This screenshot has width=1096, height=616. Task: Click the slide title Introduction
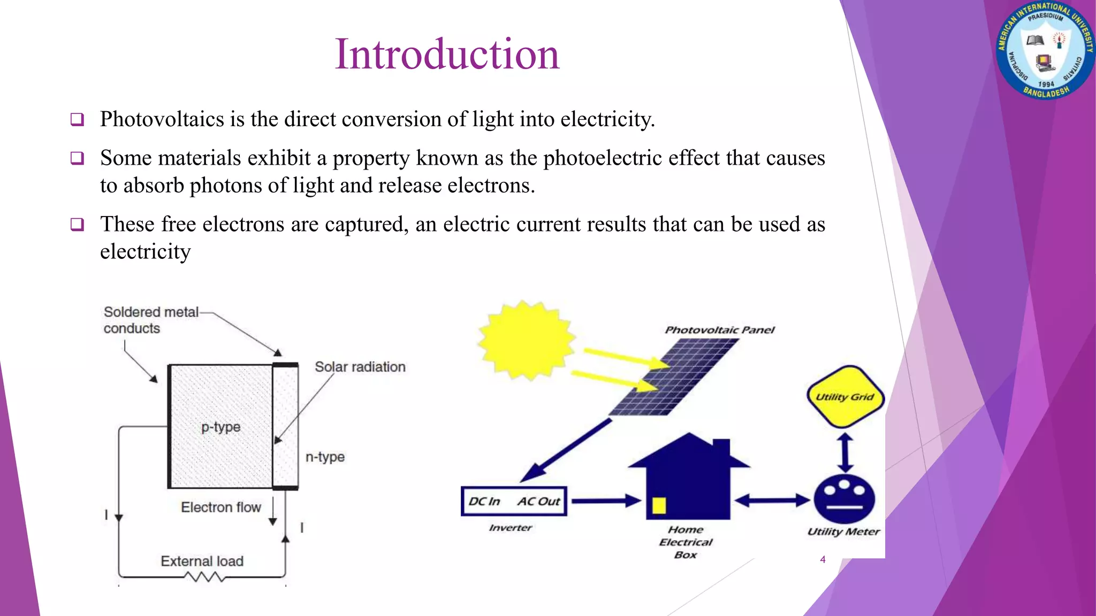point(447,55)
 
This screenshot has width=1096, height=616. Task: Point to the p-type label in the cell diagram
point(220,427)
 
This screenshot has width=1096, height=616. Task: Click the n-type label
point(325,457)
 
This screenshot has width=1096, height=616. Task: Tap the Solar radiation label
point(360,367)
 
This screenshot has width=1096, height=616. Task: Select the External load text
point(202,561)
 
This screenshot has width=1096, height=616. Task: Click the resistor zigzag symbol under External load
point(204,577)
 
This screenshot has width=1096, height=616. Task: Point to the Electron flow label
point(220,507)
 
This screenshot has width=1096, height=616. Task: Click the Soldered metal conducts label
point(150,320)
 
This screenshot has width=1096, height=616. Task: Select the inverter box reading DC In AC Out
point(513,502)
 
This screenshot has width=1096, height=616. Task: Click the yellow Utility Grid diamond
point(844,397)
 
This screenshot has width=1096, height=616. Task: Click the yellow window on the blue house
point(659,505)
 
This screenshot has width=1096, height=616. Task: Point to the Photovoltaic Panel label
point(719,330)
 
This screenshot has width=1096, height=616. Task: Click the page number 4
point(823,560)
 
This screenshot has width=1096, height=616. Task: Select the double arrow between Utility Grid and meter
point(844,452)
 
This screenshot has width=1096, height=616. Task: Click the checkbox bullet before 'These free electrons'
point(77,225)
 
